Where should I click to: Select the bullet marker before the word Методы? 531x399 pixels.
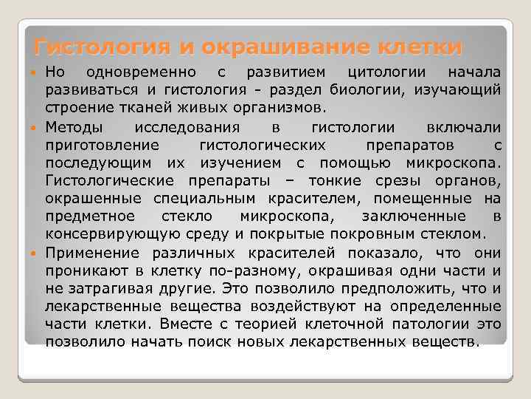tap(36, 127)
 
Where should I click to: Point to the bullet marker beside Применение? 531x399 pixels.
tap(36, 252)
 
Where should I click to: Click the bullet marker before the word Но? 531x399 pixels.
tap(36, 73)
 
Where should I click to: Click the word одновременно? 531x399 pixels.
tap(141, 72)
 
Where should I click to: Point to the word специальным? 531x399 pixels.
tap(204, 199)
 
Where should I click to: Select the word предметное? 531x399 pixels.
tap(91, 216)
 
